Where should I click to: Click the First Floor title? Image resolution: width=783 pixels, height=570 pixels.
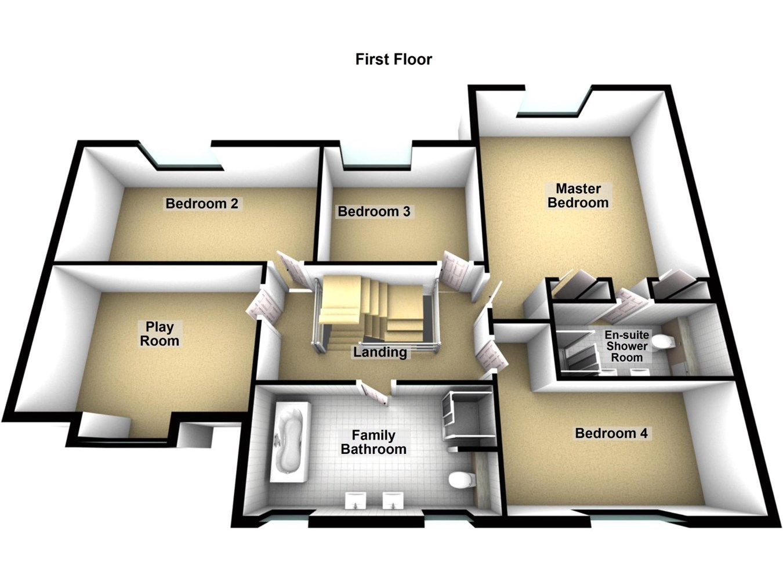(x=393, y=59)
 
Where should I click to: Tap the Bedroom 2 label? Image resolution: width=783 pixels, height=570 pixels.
(x=201, y=204)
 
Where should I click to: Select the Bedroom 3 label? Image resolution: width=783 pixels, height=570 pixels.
(x=374, y=212)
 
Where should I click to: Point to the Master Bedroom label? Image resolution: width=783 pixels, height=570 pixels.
(x=578, y=196)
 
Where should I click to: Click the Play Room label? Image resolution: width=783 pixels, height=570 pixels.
(x=159, y=334)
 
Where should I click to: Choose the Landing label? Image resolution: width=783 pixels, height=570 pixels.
(x=380, y=352)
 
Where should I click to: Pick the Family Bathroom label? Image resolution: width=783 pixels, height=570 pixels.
(x=374, y=442)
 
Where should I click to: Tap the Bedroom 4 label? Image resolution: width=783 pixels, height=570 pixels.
(x=611, y=433)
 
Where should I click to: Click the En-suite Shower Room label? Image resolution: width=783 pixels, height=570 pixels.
(x=626, y=346)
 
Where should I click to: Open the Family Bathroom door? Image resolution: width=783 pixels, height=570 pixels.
(x=374, y=392)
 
